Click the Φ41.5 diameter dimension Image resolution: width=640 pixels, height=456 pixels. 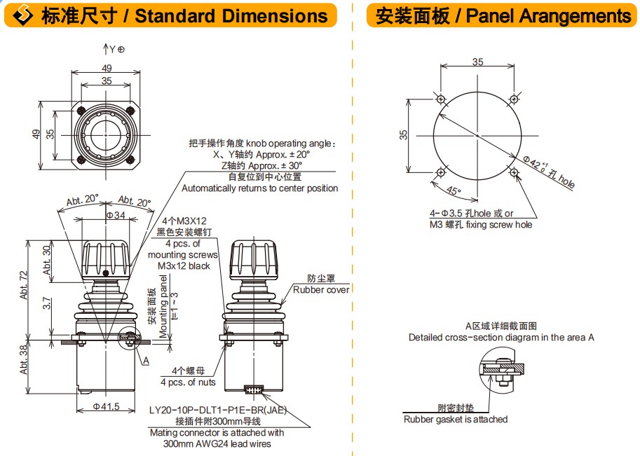pos(106,406)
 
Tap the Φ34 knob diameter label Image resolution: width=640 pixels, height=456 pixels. pos(116,214)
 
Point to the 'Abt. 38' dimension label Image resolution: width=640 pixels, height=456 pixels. pos(24,359)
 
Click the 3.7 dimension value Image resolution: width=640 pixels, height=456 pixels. pos(47,303)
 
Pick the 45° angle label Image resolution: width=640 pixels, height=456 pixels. pos(454,190)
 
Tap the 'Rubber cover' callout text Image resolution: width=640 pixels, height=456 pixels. pos(321,289)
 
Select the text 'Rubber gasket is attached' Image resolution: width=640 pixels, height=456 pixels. pos(456,420)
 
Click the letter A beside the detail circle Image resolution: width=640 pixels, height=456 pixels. pos(146,360)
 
